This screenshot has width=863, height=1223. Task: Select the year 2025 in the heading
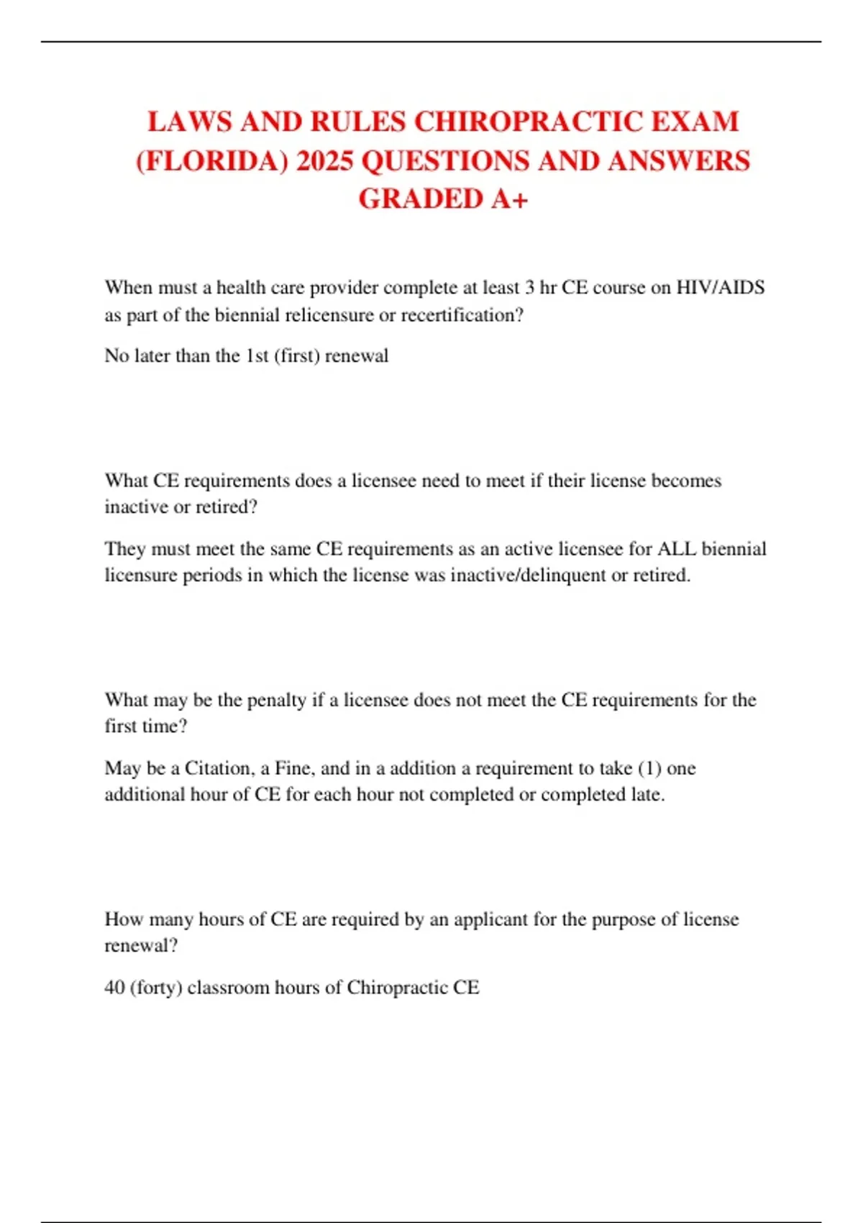pos(324,160)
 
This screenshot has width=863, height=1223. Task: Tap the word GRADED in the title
pos(421,199)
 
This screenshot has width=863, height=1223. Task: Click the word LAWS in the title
pos(190,122)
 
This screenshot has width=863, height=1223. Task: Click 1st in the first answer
pos(257,355)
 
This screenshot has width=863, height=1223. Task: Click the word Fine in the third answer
pos(293,768)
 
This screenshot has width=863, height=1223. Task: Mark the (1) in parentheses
pos(649,768)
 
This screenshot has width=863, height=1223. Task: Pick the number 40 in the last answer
pos(114,987)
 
